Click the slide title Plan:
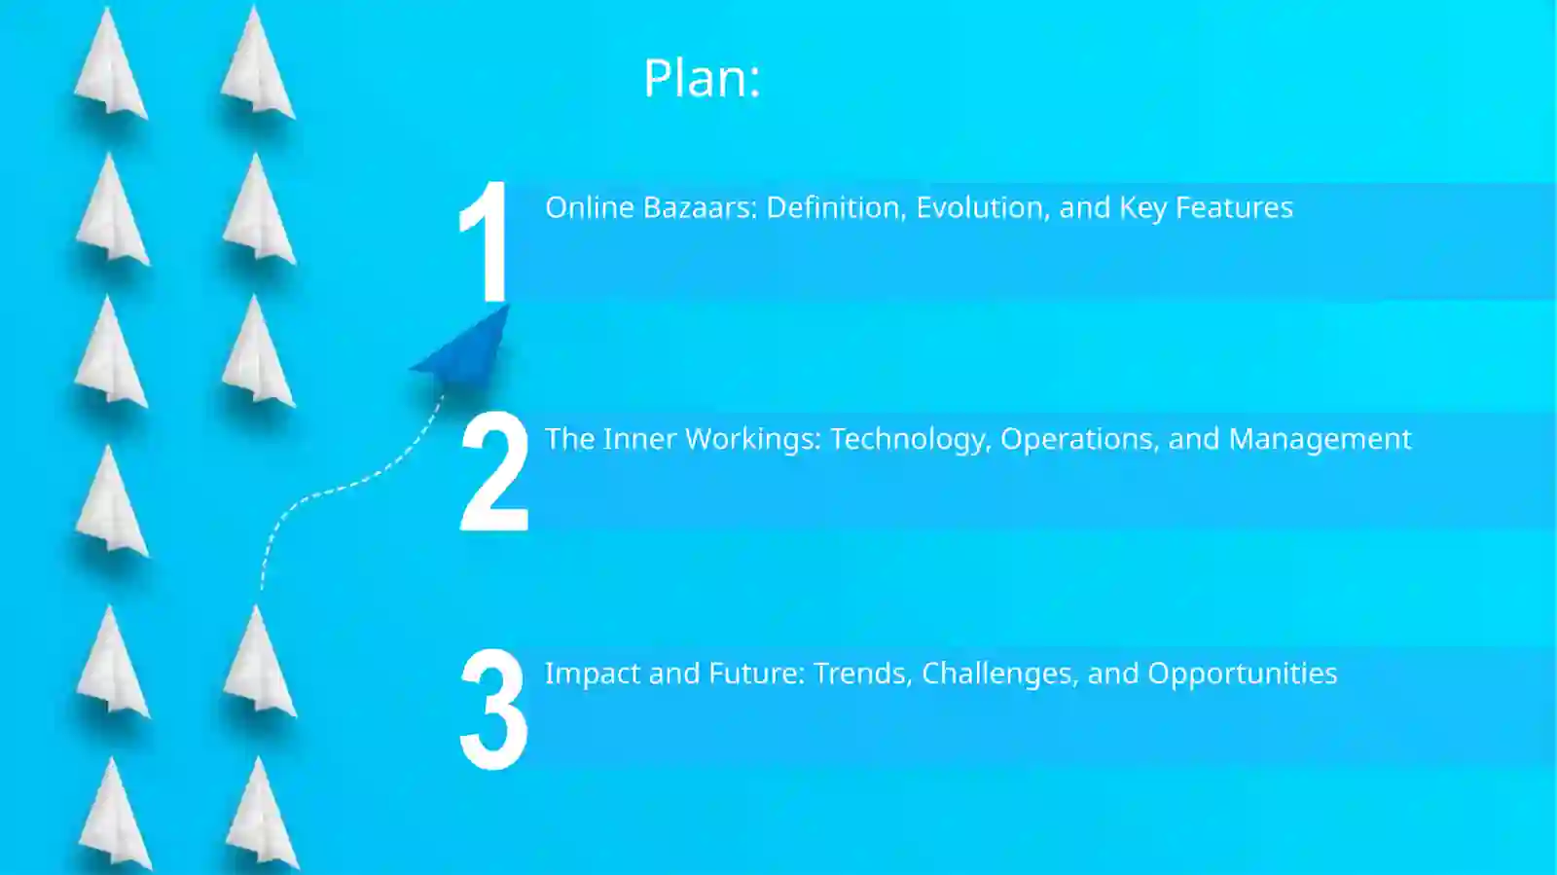pos(702,78)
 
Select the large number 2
pos(493,471)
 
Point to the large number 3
pos(493,710)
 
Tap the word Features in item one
pos(1234,207)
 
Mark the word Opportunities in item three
pos(1242,674)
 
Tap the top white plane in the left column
pos(110,66)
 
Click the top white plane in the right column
pos(256,66)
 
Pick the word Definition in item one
pos(836,207)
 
